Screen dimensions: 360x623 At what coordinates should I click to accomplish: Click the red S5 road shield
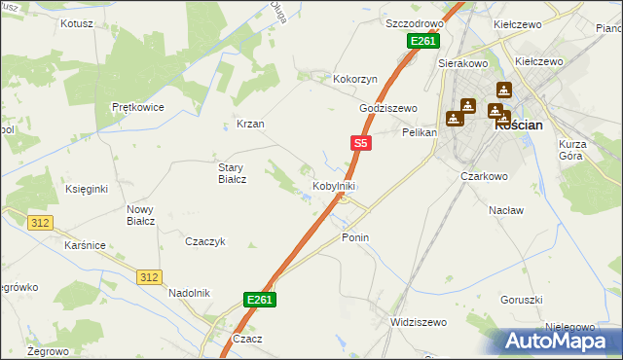point(360,143)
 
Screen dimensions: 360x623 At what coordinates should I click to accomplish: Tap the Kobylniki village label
point(333,186)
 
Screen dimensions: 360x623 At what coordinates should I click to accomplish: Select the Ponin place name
point(355,237)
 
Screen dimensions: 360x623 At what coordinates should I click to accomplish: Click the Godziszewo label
point(387,108)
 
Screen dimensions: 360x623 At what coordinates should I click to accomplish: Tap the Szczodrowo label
point(414,22)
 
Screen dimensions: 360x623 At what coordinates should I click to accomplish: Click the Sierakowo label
point(462,61)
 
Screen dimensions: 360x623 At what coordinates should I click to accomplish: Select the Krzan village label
point(251,124)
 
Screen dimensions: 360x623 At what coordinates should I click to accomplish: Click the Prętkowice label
point(136,107)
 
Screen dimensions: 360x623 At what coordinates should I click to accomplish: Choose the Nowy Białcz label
point(141,215)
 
